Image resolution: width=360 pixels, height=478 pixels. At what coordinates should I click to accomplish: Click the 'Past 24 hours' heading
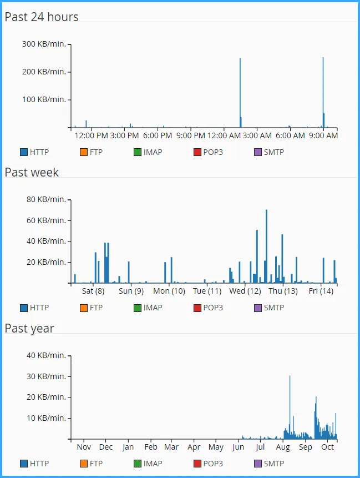tap(42, 17)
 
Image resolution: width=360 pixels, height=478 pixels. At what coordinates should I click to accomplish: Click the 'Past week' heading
tap(32, 172)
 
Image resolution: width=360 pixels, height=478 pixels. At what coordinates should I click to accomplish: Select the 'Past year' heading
tap(29, 328)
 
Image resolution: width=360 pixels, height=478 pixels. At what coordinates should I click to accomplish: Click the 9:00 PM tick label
tap(191, 135)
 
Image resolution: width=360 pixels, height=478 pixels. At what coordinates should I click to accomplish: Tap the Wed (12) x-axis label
tap(245, 291)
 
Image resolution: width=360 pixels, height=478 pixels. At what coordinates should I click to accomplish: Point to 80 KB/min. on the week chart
tap(49, 200)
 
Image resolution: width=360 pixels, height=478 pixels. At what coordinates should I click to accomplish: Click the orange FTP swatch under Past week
tap(84, 308)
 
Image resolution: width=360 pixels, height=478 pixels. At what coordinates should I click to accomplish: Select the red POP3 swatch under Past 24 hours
tap(197, 152)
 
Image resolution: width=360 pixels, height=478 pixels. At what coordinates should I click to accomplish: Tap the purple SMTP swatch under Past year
tap(257, 464)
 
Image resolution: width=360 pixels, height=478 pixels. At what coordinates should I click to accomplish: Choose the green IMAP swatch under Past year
tap(137, 464)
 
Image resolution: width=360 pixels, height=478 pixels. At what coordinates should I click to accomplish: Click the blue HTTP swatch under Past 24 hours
tap(24, 152)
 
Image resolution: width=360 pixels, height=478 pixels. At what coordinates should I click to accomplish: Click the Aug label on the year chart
tap(283, 447)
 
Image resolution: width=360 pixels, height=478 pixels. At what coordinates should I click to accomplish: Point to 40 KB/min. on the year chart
tap(49, 355)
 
